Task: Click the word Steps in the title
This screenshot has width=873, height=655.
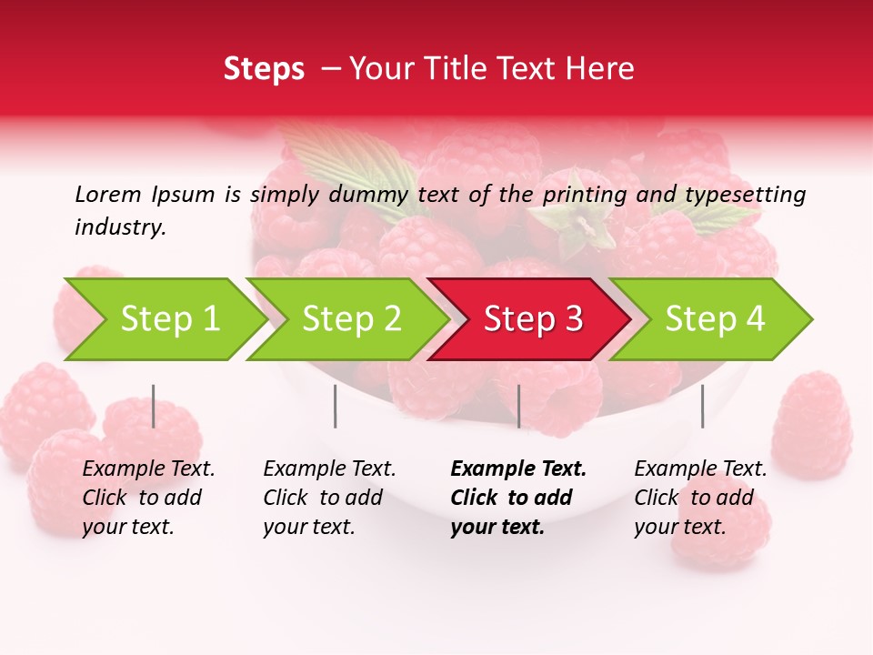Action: [x=264, y=69]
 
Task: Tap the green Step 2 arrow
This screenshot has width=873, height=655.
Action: [x=351, y=319]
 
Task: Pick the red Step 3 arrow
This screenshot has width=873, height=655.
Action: [x=532, y=319]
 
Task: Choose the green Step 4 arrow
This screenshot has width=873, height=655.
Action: [x=714, y=319]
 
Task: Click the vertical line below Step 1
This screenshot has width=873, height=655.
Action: [x=154, y=406]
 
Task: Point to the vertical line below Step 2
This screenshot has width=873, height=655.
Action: [x=336, y=406]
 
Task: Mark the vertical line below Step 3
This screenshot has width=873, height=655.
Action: [x=518, y=406]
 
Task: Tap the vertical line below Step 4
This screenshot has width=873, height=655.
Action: [x=702, y=406]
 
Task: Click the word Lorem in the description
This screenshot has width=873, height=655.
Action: [x=108, y=194]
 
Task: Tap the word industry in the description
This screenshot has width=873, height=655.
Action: [x=120, y=227]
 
